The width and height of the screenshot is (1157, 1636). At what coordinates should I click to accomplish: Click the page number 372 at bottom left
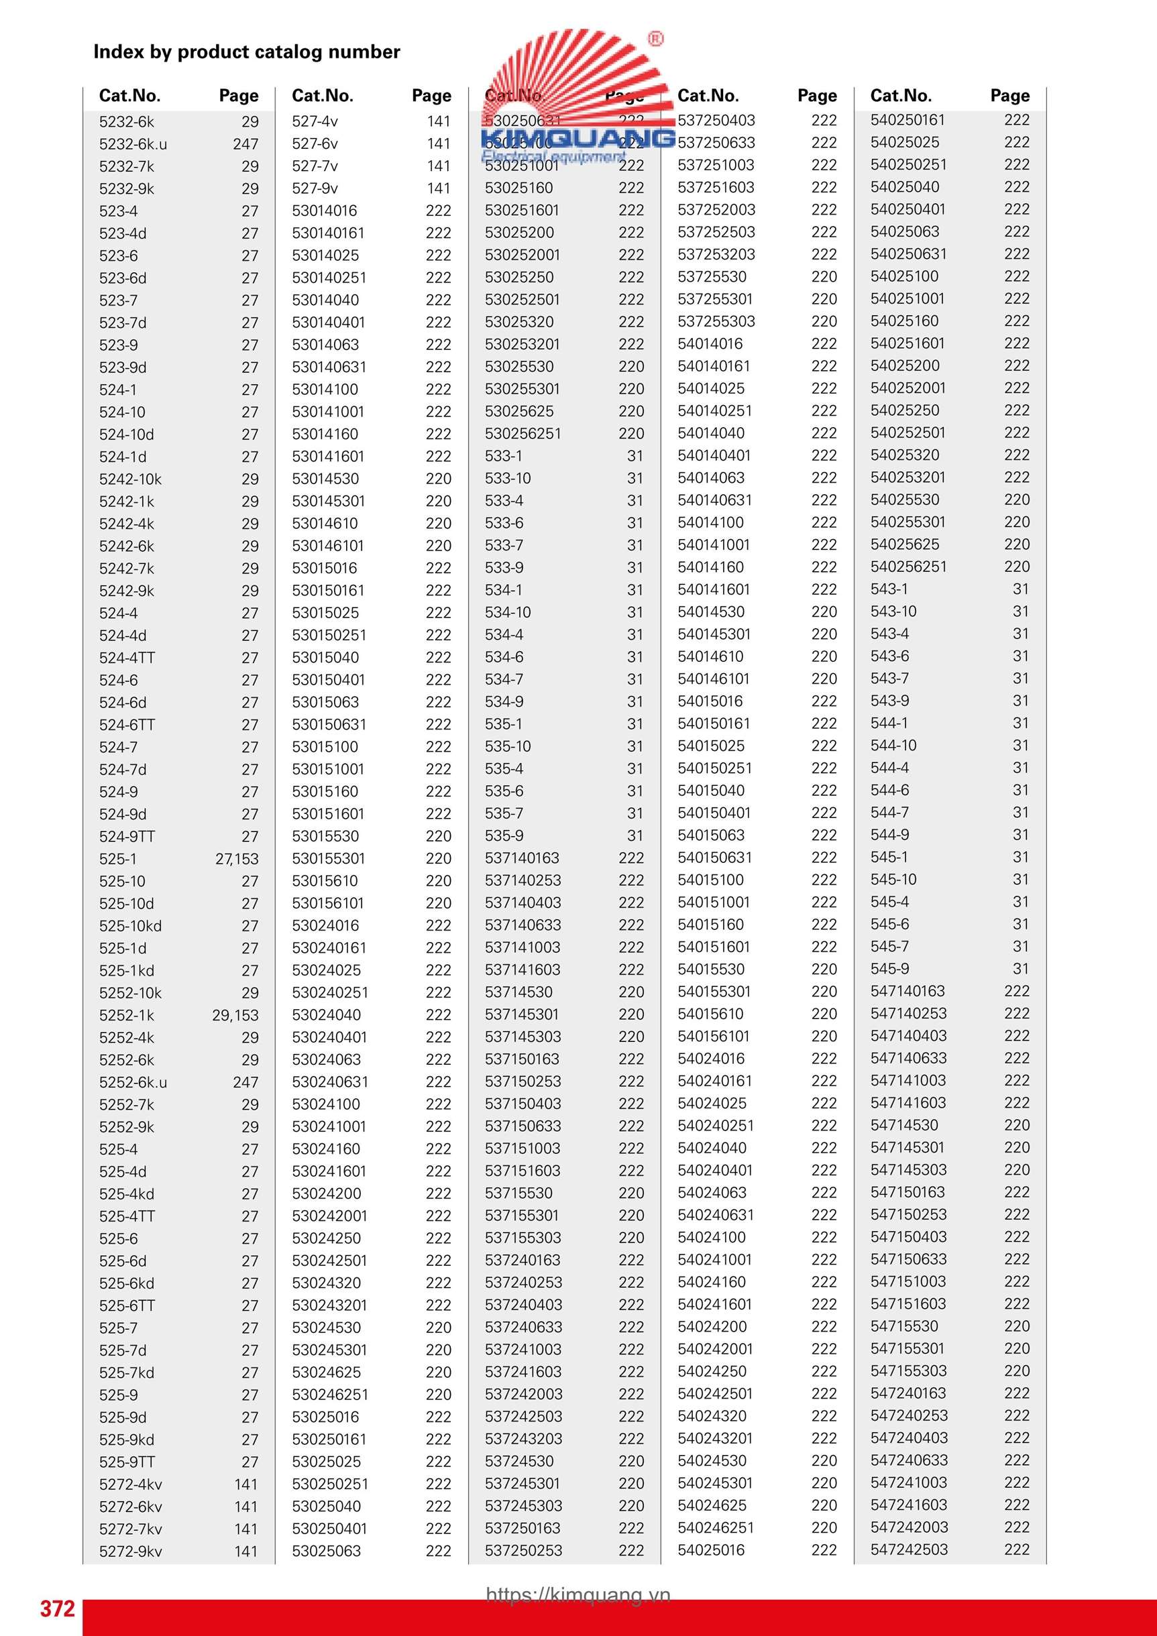tap(57, 1609)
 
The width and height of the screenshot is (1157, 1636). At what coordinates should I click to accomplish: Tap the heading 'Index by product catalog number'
tap(247, 52)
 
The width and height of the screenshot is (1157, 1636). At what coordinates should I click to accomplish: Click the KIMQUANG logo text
tap(577, 137)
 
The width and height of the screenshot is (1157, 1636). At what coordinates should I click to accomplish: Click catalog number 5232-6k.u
tap(133, 144)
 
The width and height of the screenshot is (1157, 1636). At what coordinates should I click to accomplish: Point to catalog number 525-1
tap(117, 859)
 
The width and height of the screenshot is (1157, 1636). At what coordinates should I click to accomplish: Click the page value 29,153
tap(235, 1015)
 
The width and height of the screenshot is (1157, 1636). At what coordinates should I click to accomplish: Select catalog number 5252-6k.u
tap(133, 1082)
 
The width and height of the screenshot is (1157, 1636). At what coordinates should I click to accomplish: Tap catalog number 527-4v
tap(315, 121)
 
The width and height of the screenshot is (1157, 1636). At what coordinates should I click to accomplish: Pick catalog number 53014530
tap(325, 479)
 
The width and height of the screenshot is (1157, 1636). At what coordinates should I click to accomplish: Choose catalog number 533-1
tap(503, 455)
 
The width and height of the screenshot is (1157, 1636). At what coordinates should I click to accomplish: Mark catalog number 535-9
tap(503, 835)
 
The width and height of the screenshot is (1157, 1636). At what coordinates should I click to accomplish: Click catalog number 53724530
tap(518, 1461)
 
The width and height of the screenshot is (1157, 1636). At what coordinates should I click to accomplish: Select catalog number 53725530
tap(712, 276)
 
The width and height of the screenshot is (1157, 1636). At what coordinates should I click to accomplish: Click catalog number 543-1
tap(889, 589)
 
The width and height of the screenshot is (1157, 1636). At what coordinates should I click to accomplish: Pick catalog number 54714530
tap(904, 1125)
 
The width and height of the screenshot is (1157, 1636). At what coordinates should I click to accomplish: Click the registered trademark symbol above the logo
tap(655, 39)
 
